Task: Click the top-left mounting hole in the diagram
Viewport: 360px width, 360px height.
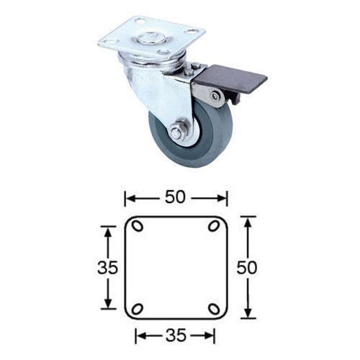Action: pos(138,226)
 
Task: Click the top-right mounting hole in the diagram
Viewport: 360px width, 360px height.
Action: pos(214,226)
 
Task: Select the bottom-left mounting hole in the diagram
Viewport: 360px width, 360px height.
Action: pos(138,309)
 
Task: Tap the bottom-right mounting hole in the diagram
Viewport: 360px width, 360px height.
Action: pos(214,309)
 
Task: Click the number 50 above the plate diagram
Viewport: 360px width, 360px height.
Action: pos(176,197)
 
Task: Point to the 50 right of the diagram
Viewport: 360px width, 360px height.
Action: pos(247,268)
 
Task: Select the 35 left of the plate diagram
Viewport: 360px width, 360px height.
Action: pos(108,268)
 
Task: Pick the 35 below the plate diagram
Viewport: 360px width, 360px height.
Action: pos(176,335)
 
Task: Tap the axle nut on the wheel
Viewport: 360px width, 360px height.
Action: pos(177,132)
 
